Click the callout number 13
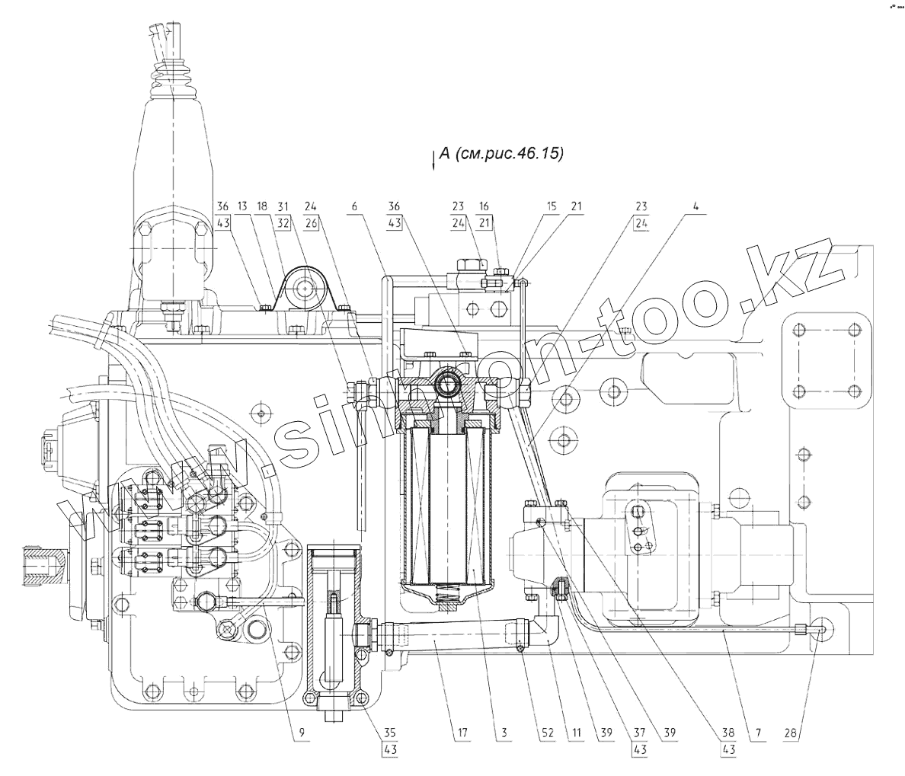coord(242,206)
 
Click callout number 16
coord(484,206)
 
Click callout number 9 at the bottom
coord(302,733)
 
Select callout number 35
coord(390,733)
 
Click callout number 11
coord(576,733)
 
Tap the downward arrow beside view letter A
coord(433,161)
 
